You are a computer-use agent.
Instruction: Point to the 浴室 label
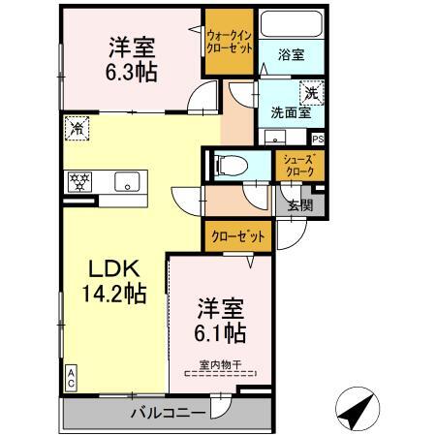pos(291,55)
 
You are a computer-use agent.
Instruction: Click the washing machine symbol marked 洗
pos(312,93)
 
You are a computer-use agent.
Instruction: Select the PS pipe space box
pos(318,139)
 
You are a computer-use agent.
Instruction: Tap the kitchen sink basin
pos(126,180)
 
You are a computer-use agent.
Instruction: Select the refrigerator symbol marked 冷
pos(76,126)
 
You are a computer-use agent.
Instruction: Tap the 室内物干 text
pos(221,364)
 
